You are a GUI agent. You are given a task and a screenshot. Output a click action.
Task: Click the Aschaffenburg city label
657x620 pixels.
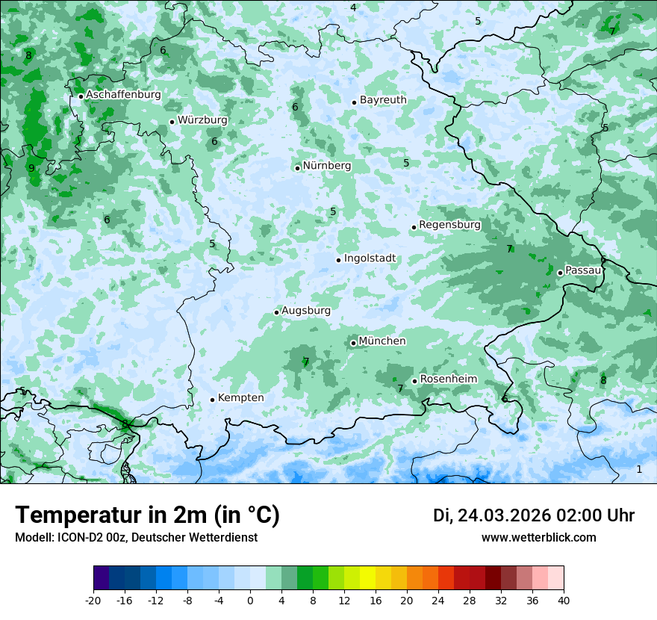(123, 95)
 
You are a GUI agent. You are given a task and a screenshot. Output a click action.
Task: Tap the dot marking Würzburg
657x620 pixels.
(172, 122)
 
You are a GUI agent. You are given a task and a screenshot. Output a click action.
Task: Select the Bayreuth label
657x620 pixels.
(383, 100)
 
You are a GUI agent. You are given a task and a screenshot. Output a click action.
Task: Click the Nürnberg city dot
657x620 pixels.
(297, 168)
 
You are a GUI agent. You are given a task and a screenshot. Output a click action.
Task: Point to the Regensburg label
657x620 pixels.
(449, 225)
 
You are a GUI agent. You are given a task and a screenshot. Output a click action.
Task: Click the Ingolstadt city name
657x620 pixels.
(370, 258)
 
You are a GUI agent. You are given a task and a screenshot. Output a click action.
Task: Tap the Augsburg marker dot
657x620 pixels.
(276, 312)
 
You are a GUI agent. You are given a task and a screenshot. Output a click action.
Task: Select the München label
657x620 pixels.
(382, 341)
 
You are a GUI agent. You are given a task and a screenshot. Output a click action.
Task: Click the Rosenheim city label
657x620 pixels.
(448, 379)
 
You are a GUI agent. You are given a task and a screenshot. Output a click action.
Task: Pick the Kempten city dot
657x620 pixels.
(212, 400)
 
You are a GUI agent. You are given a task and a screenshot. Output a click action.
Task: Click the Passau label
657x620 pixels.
(583, 270)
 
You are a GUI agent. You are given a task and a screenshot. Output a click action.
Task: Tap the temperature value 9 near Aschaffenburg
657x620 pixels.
(31, 168)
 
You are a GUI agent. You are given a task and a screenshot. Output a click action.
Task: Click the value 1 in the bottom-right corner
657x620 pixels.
(638, 469)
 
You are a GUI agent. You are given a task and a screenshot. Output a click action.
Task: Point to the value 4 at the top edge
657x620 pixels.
(353, 7)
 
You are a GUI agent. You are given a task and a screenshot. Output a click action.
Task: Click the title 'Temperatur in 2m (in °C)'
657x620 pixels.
(147, 515)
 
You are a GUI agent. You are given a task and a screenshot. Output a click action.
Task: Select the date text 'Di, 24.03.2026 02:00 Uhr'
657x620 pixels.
(534, 515)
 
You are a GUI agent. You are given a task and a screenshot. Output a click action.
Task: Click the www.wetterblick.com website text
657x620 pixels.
(538, 538)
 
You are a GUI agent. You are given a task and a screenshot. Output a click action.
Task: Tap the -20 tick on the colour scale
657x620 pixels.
(93, 600)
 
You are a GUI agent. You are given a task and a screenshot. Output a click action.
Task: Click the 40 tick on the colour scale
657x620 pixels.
(563, 600)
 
